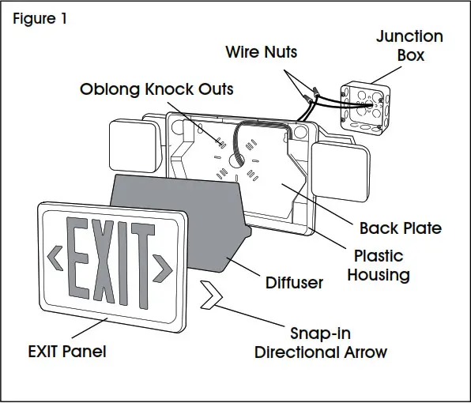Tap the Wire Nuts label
[x=261, y=53]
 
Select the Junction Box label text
[x=409, y=46]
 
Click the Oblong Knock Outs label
[x=156, y=89]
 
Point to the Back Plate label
[x=400, y=228]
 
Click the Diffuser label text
[x=292, y=282]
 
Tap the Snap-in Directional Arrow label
[x=320, y=342]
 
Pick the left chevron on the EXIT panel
[x=55, y=255]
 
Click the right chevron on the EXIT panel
[x=164, y=268]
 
